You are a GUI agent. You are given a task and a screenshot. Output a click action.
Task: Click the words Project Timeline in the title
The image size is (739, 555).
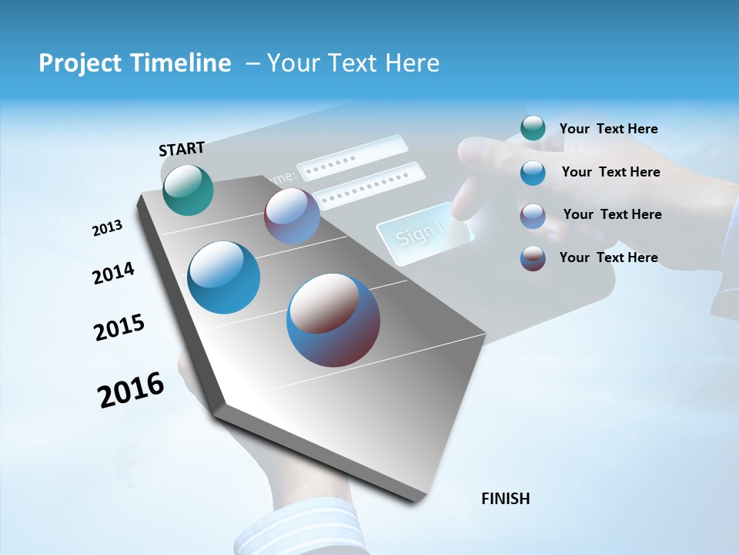coord(135,63)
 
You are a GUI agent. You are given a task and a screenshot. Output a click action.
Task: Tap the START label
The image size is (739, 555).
coord(182,149)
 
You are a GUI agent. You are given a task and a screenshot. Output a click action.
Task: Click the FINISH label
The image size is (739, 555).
coord(505,499)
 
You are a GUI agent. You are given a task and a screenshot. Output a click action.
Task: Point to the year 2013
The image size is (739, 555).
coord(107,228)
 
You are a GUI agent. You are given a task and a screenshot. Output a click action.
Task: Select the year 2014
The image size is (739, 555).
coord(113,273)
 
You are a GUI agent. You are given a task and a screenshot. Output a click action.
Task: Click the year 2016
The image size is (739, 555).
coord(131,389)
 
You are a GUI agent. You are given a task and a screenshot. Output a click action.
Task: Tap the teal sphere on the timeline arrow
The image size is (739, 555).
coord(188,190)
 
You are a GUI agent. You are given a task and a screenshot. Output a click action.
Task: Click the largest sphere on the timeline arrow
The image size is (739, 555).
coord(333,320)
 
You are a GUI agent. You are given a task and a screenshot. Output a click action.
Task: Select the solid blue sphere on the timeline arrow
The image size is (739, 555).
coord(224,277)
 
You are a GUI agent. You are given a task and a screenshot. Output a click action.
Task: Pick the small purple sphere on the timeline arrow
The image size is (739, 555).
coord(292,216)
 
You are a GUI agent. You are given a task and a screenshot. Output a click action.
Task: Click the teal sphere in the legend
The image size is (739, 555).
coord(533,129)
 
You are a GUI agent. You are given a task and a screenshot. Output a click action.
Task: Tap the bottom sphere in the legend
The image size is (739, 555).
coord(533,258)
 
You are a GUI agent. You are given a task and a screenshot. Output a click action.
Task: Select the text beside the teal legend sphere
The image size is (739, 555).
coord(608,129)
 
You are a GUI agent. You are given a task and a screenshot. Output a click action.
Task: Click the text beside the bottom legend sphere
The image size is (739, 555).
coord(608,257)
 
